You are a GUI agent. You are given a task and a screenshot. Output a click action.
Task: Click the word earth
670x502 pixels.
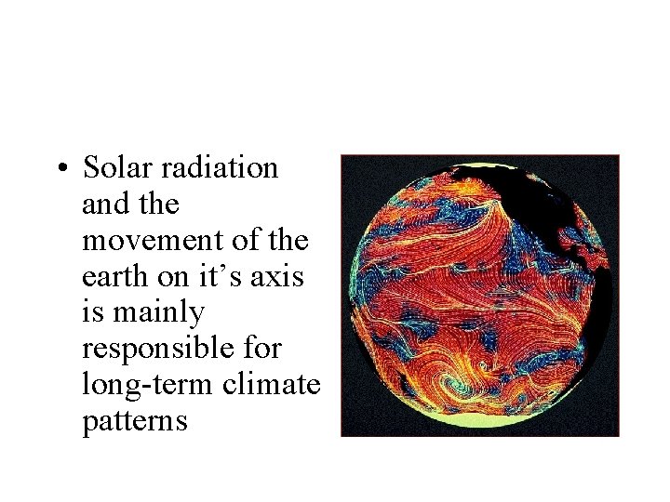110,277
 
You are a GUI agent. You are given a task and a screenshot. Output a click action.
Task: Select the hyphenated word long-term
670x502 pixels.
149,385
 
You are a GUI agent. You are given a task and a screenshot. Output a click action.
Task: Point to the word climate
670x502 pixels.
273,385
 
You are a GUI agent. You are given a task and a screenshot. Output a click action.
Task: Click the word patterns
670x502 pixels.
135,421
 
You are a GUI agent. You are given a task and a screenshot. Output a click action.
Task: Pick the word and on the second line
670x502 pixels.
104,204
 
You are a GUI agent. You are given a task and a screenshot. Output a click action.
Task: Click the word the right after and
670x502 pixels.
157,204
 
